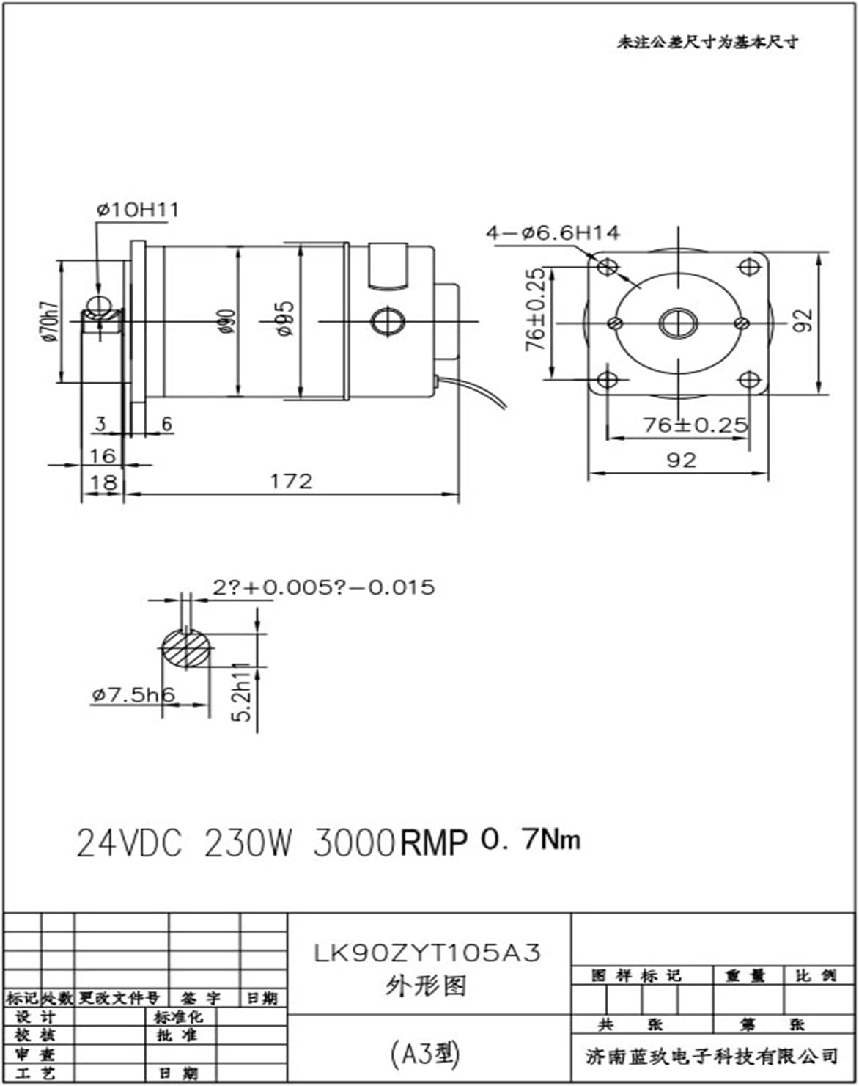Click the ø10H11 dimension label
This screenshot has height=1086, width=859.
[x=137, y=210]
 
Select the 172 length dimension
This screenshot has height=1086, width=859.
[x=291, y=481]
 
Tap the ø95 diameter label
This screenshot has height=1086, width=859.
[x=285, y=318]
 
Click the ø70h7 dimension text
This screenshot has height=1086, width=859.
[x=49, y=321]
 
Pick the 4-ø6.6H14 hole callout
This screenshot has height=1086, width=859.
[x=553, y=233]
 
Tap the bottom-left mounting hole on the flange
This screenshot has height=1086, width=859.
[x=608, y=380]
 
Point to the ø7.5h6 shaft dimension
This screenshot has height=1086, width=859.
[x=133, y=694]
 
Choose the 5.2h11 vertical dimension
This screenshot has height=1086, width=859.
[x=243, y=692]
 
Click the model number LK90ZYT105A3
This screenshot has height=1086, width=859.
[x=428, y=952]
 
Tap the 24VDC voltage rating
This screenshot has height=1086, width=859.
[x=129, y=844]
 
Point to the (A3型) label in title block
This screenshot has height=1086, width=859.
[x=425, y=1054]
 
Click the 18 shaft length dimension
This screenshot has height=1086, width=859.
[x=102, y=482]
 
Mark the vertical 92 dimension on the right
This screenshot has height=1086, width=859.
[x=804, y=320]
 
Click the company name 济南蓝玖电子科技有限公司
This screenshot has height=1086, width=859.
[x=711, y=1056]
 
